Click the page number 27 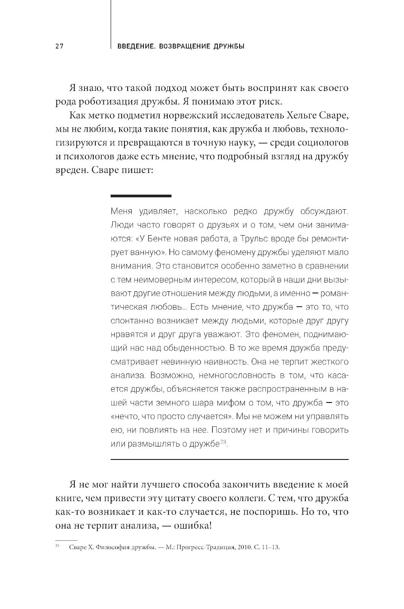click(60, 46)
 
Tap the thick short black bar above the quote click(141, 196)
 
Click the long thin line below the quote click(229, 459)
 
